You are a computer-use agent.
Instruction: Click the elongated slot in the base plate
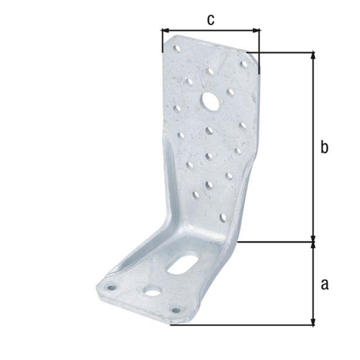point(184,262)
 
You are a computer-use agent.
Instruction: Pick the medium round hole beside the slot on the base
point(153,291)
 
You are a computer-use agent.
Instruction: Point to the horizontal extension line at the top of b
point(287,52)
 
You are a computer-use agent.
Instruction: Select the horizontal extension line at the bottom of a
point(246,325)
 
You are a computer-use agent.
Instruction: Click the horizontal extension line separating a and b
point(275,241)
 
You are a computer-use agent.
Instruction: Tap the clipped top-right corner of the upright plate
point(252,56)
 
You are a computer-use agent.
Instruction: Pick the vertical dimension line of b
point(314,146)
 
